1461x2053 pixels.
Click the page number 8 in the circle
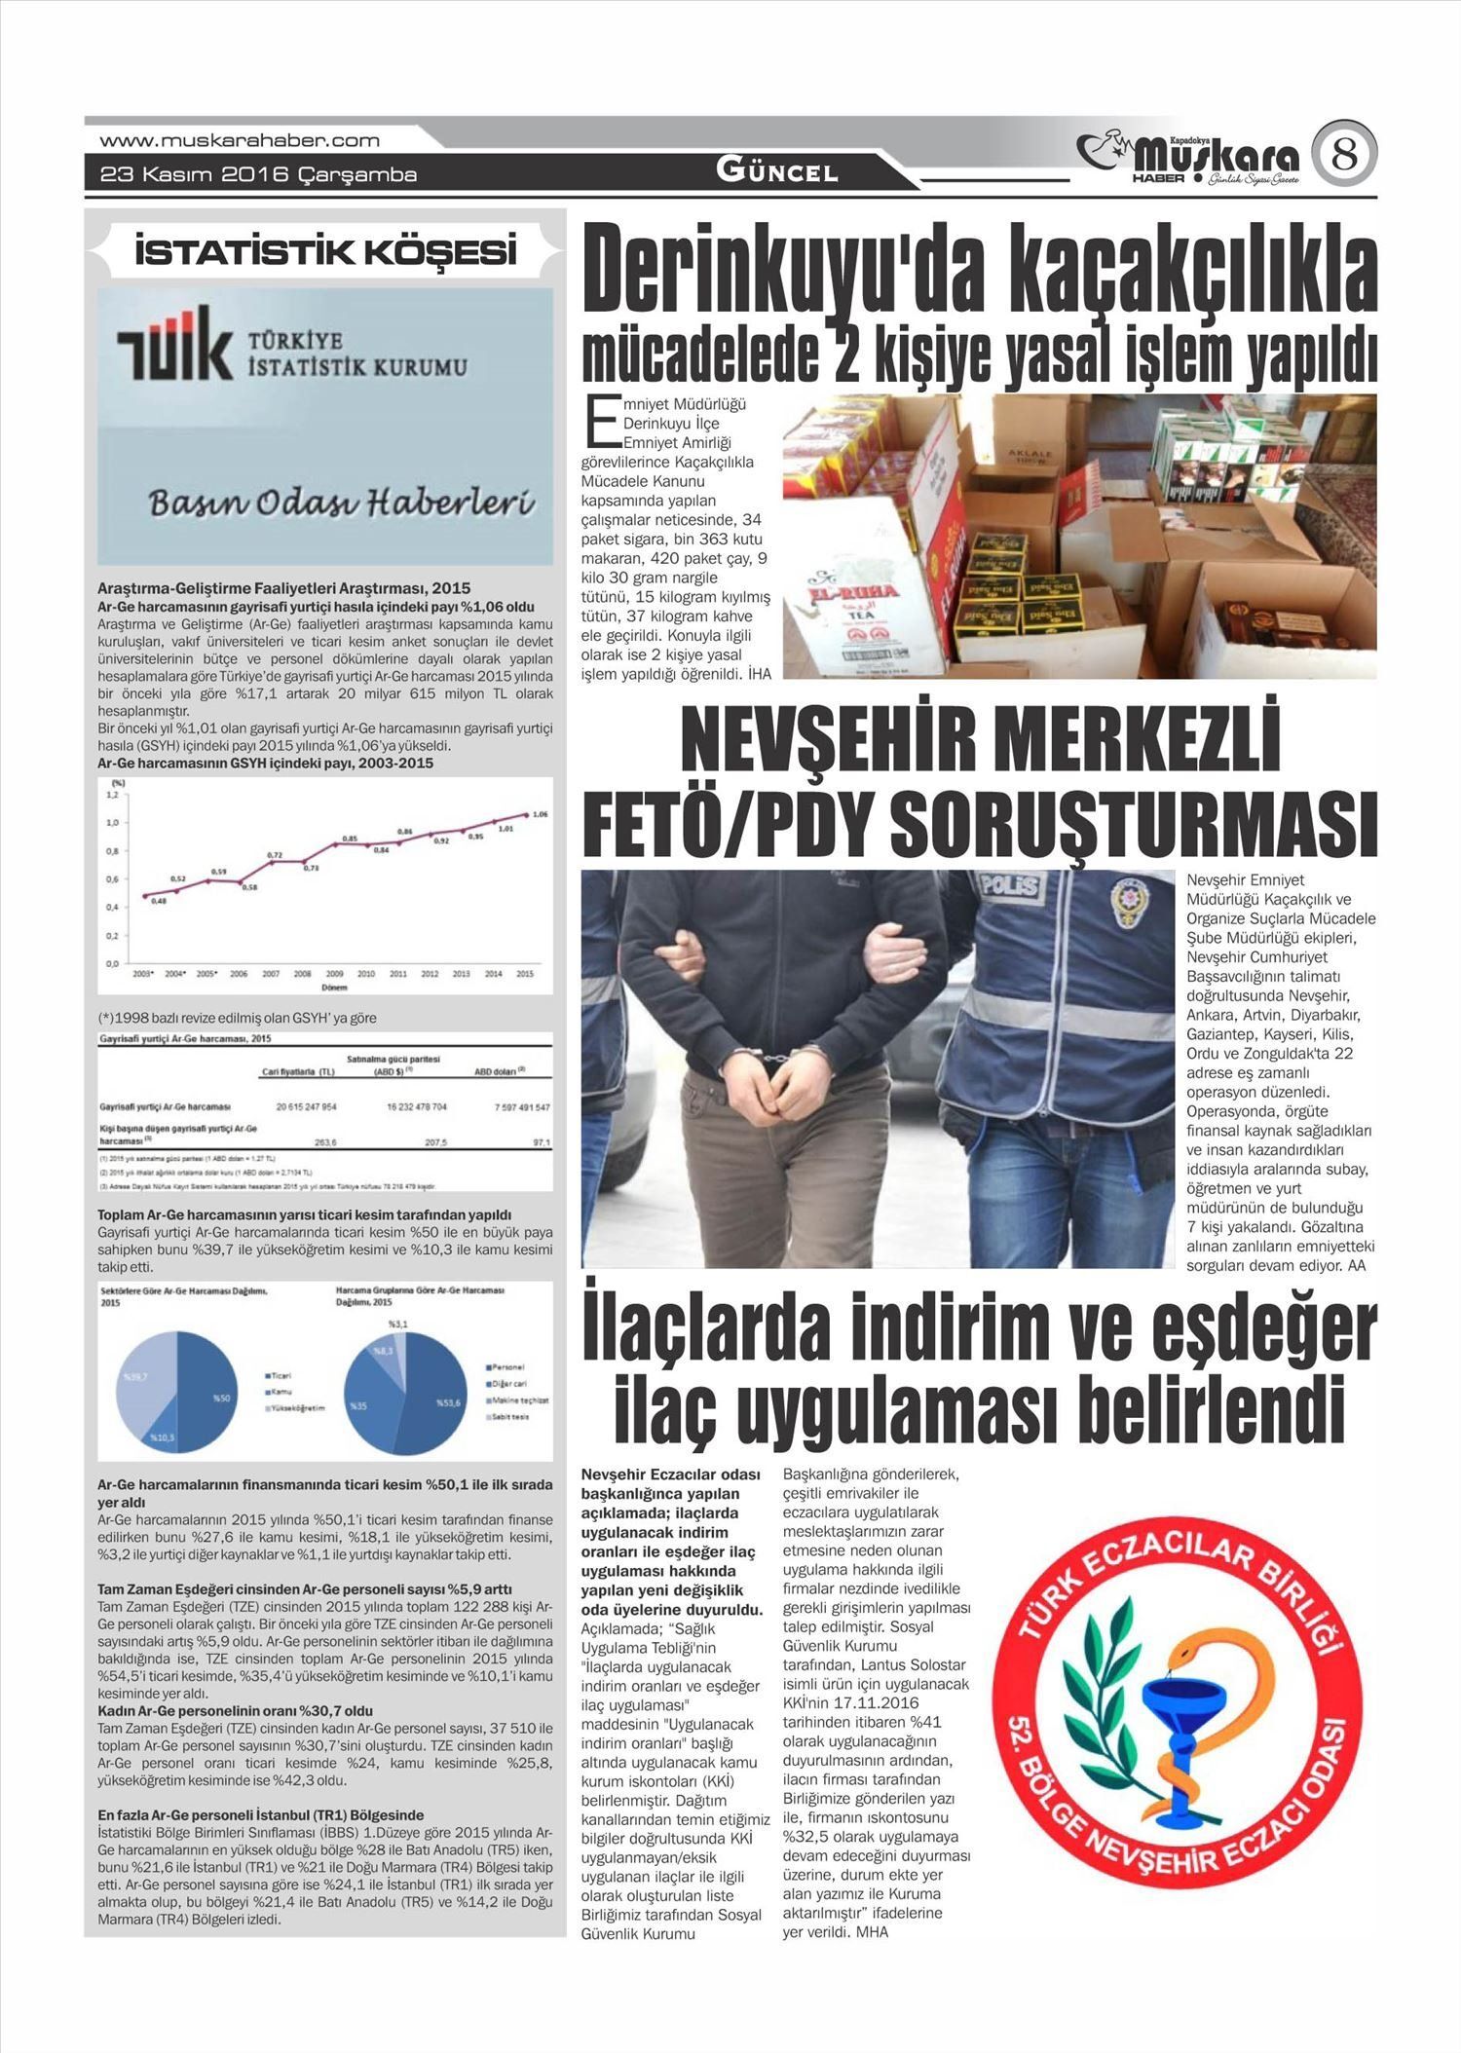[x=1344, y=155]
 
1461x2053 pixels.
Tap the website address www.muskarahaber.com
[x=240, y=140]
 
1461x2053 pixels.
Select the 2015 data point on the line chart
[x=526, y=814]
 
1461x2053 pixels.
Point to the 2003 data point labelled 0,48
[x=145, y=894]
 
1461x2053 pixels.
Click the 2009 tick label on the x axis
[x=334, y=973]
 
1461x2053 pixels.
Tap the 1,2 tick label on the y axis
[x=111, y=795]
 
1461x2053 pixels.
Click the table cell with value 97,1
[x=542, y=1142]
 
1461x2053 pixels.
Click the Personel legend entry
[x=508, y=1367]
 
